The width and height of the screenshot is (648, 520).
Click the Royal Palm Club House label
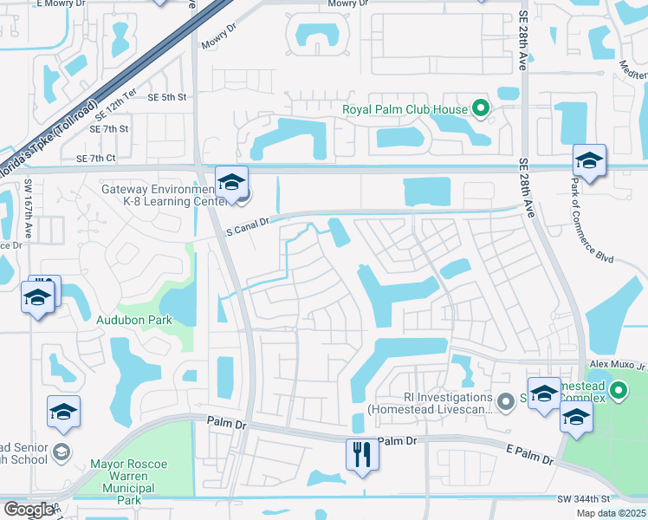(405, 109)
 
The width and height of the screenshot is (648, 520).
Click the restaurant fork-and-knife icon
(361, 453)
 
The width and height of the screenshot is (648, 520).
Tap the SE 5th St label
(168, 97)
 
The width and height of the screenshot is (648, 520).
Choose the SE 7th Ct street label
(95, 159)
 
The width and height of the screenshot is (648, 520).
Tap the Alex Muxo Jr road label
(616, 367)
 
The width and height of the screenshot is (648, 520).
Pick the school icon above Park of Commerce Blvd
(589, 160)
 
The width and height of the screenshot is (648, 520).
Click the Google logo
(29, 510)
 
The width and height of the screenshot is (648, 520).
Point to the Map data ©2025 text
(610, 513)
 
